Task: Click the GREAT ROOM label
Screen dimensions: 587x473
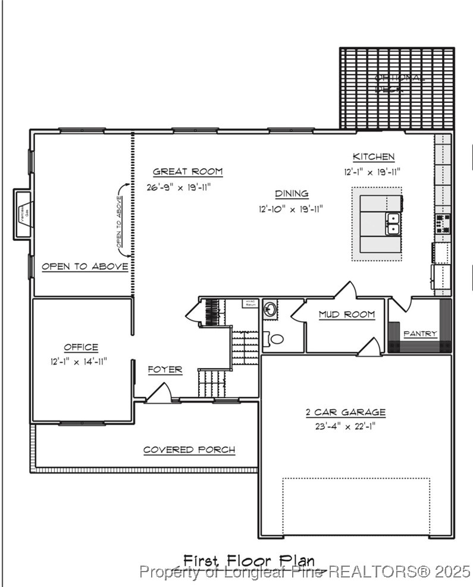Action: [x=187, y=172]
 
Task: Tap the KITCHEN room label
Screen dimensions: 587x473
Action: [x=373, y=157]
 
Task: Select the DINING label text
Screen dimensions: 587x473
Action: [x=292, y=194]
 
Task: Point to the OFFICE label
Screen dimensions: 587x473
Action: [x=81, y=347]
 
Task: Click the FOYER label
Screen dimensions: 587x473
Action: [x=165, y=370]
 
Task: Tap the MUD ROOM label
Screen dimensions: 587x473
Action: [x=346, y=315]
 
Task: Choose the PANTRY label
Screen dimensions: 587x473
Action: [x=420, y=334]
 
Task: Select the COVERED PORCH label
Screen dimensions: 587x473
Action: [x=189, y=450]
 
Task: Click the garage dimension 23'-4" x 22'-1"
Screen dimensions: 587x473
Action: [x=346, y=426]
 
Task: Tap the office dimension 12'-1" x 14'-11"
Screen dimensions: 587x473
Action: [x=79, y=361]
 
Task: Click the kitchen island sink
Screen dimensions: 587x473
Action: [x=393, y=224]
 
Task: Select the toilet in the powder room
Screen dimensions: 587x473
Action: [x=274, y=339]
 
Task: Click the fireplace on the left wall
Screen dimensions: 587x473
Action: [x=22, y=214]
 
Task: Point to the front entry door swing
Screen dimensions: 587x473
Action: [x=159, y=393]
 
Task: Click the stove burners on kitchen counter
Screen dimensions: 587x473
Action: [x=443, y=223]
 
